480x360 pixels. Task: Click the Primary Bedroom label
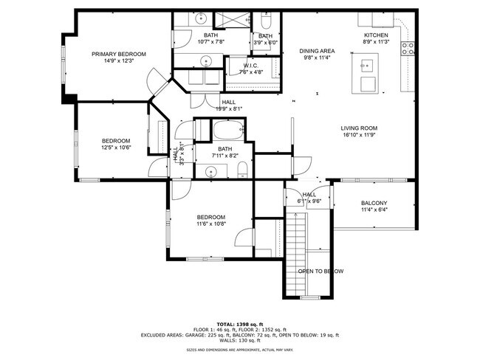pos(118,54)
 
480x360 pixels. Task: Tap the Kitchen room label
pos(375,35)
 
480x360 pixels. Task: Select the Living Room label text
pos(360,128)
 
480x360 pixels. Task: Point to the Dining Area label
pos(317,51)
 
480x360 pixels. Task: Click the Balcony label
pos(374,204)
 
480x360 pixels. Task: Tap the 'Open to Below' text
pos(320,271)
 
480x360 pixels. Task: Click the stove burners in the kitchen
pos(407,49)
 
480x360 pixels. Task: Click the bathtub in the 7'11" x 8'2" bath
pos(224,134)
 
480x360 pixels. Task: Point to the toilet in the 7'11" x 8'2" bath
pos(241,172)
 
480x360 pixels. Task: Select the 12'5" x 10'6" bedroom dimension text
pos(116,148)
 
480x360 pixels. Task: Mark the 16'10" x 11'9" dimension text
pos(360,135)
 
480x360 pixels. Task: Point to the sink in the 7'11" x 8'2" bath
pos(210,172)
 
